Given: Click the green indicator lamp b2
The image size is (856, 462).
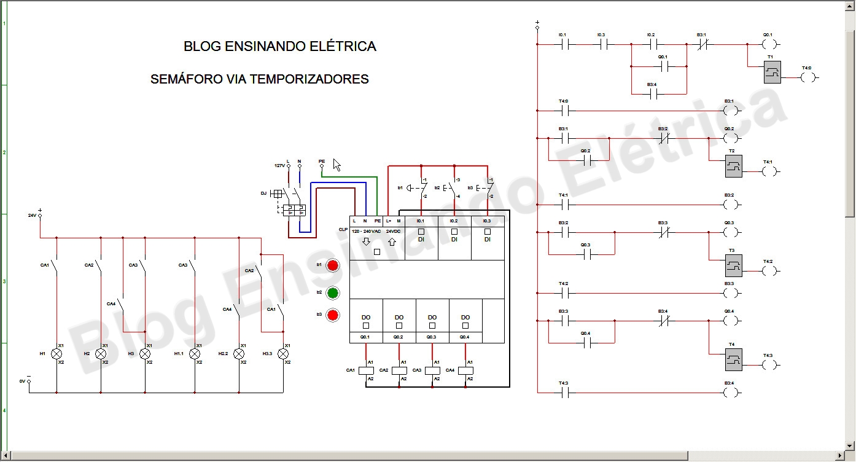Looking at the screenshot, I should [x=332, y=292].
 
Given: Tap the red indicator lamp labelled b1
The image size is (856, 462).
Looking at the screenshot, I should [x=332, y=265].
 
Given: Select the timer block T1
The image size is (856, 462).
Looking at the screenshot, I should [x=772, y=72].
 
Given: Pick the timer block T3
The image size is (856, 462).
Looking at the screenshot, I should [x=733, y=265].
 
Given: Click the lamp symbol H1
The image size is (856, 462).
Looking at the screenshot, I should [x=56, y=354].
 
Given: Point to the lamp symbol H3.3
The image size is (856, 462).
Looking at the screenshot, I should [x=283, y=354].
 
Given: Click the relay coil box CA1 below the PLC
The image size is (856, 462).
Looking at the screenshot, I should [x=366, y=370].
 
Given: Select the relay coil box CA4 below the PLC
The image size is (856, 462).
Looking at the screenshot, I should [x=465, y=370].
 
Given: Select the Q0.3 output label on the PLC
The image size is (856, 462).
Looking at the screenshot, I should [x=432, y=337].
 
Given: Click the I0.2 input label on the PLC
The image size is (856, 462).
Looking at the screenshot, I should [x=454, y=221].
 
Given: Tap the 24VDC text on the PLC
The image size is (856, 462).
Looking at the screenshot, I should [x=393, y=232].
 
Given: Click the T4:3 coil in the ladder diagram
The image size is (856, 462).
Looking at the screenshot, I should [x=769, y=365].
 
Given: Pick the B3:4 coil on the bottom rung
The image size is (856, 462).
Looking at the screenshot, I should [x=730, y=393].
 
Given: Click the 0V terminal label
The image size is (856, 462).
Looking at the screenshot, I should [x=22, y=382].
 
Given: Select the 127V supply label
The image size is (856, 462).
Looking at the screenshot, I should [x=278, y=166].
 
